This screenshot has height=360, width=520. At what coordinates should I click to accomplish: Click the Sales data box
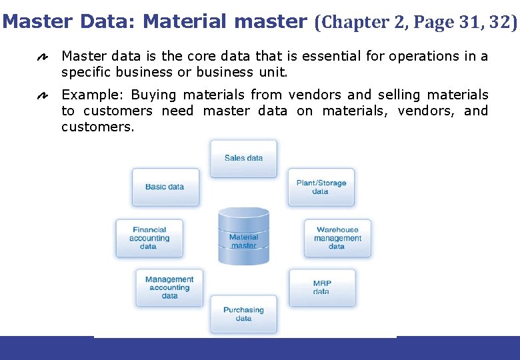(x=243, y=159)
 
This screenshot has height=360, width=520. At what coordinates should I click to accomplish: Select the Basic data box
(x=165, y=187)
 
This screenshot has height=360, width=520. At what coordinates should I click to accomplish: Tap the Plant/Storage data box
(x=321, y=187)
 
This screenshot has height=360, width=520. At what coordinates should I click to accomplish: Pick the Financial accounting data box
(x=149, y=238)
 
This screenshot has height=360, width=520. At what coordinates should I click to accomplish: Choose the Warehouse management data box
(x=337, y=238)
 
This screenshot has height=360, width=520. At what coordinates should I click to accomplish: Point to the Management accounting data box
(x=169, y=287)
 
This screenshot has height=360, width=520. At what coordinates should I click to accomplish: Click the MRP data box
(x=322, y=287)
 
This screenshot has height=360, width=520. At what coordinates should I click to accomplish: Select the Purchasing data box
(x=243, y=314)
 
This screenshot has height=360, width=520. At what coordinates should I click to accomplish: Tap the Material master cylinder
(x=243, y=237)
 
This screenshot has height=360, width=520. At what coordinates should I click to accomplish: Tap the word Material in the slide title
(x=186, y=21)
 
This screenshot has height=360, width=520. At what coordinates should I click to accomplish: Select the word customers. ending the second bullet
(x=98, y=127)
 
